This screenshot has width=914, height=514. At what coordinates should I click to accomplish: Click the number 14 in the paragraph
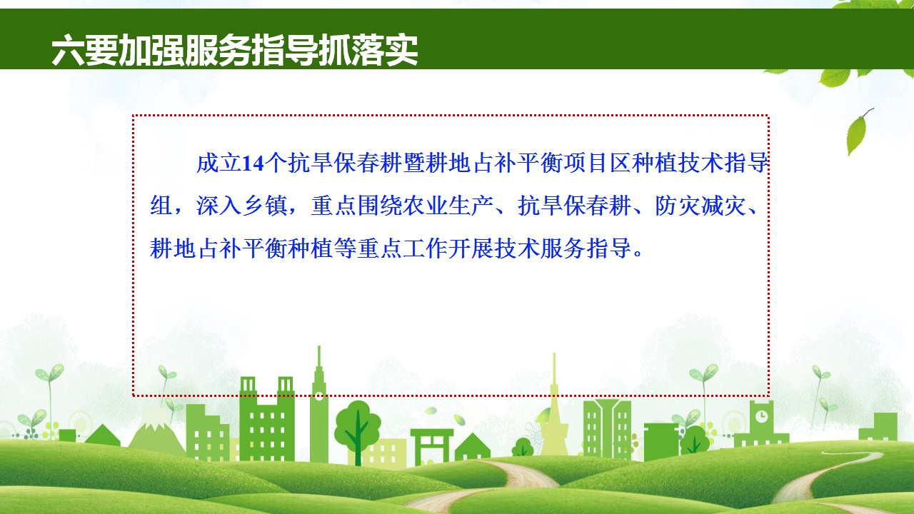[253, 163]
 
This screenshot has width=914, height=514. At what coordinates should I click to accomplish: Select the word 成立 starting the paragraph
[219, 163]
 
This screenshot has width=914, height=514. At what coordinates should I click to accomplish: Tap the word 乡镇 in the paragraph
[265, 206]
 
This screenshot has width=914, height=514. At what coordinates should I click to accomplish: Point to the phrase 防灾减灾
[700, 206]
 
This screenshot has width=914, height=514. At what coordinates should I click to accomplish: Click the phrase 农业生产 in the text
[448, 206]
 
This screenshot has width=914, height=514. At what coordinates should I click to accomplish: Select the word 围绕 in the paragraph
[379, 206]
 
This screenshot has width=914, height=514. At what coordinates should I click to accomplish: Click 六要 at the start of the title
[85, 51]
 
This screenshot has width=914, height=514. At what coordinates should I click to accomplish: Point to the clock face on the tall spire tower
[319, 395]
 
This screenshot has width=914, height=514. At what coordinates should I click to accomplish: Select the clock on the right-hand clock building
[761, 416]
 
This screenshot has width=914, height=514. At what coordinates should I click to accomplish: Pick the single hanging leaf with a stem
[858, 131]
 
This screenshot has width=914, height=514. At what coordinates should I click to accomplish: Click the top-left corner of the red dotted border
[134, 116]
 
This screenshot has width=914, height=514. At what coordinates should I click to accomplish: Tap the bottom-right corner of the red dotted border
[768, 395]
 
